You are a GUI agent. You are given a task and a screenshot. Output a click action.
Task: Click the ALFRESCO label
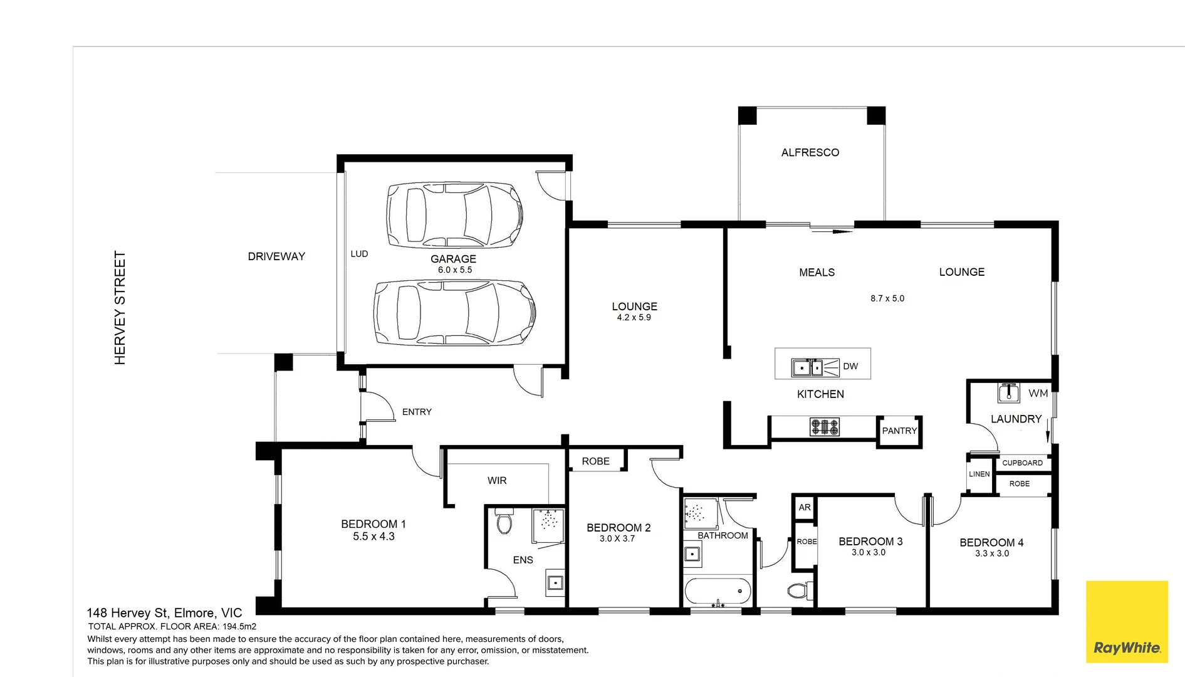tap(810, 152)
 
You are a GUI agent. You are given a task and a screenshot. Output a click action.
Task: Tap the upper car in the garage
tap(454, 215)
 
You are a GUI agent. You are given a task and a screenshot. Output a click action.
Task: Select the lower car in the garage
tap(454, 312)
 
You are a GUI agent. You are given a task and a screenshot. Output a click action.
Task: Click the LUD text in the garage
tap(359, 254)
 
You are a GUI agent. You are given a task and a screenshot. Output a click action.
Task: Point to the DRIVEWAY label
tap(276, 256)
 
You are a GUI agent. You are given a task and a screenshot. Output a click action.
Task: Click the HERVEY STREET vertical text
tap(120, 308)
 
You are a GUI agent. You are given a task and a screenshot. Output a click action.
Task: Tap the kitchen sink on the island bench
tap(807, 367)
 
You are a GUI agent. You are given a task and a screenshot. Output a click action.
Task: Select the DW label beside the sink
tap(850, 366)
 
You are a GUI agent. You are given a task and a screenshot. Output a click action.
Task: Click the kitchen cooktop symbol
tap(825, 427)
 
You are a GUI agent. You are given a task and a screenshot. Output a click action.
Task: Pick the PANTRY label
tap(899, 431)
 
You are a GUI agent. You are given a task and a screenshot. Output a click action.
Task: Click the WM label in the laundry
tap(1038, 393)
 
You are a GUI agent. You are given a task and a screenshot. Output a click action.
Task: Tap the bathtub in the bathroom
tap(718, 590)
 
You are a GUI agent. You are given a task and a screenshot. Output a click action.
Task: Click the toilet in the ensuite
tap(504, 522)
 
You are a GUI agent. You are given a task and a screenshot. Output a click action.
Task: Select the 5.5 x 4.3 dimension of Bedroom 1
tap(373, 537)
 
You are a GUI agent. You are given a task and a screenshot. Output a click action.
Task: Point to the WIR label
tap(497, 481)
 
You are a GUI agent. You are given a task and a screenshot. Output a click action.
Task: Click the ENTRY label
tap(417, 412)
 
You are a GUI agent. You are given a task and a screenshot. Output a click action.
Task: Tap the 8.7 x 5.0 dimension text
tap(887, 298)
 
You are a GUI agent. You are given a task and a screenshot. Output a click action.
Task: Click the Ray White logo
tap(1127, 621)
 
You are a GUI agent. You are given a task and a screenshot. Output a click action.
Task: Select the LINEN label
tap(979, 474)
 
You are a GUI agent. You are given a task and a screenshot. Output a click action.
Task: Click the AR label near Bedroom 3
tap(805, 507)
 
